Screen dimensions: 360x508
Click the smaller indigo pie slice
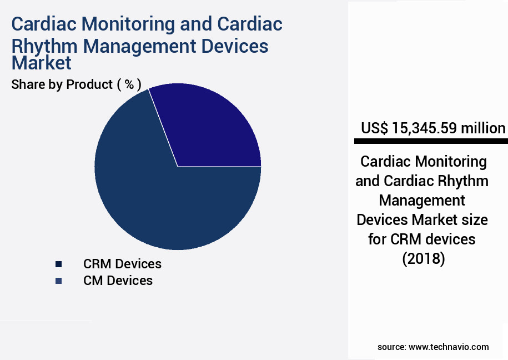pyautogui.click(x=211, y=131)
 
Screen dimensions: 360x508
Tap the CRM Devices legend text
pyautogui.click(x=122, y=263)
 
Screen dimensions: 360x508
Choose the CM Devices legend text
pyautogui.click(x=118, y=281)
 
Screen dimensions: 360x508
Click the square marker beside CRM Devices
pyautogui.click(x=58, y=264)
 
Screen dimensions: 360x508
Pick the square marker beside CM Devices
pyautogui.click(x=58, y=281)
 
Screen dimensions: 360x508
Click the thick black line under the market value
pyautogui.click(x=430, y=142)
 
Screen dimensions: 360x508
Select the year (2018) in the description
pyautogui.click(x=423, y=259)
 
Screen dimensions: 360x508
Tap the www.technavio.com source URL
pyautogui.click(x=449, y=347)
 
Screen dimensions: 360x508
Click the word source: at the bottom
pyautogui.click(x=391, y=347)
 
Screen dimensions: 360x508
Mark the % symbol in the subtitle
pyautogui.click(x=129, y=84)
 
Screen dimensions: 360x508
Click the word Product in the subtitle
pyautogui.click(x=89, y=84)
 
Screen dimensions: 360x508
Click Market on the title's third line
pyautogui.click(x=42, y=63)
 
